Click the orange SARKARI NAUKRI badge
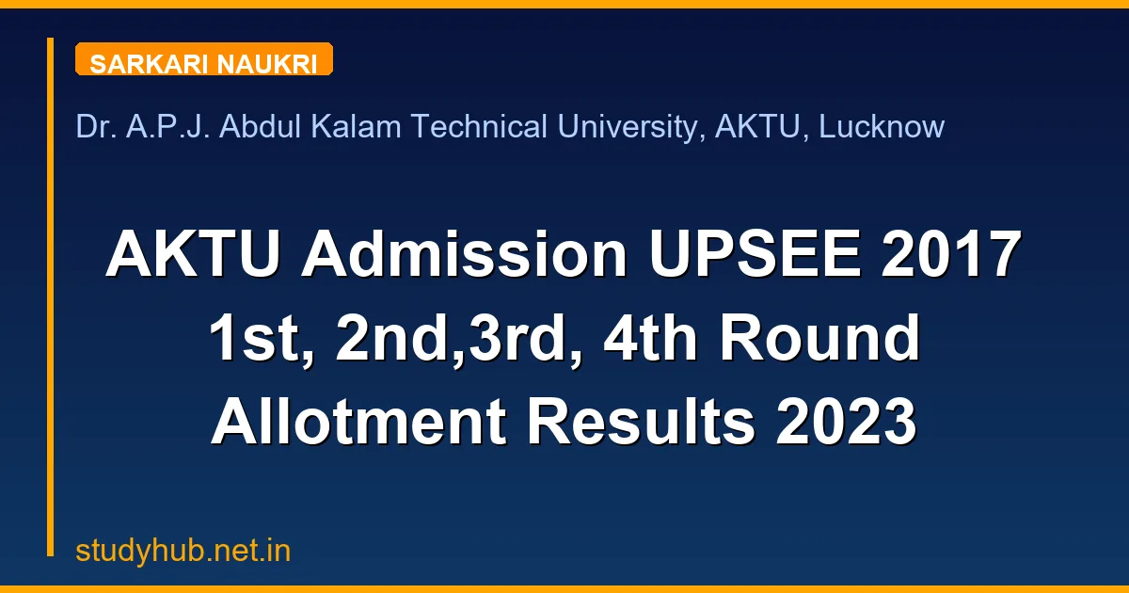point(203,60)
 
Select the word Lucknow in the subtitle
point(882,126)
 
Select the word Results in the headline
point(641,425)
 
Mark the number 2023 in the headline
point(847,425)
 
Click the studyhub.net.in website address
point(183,551)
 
